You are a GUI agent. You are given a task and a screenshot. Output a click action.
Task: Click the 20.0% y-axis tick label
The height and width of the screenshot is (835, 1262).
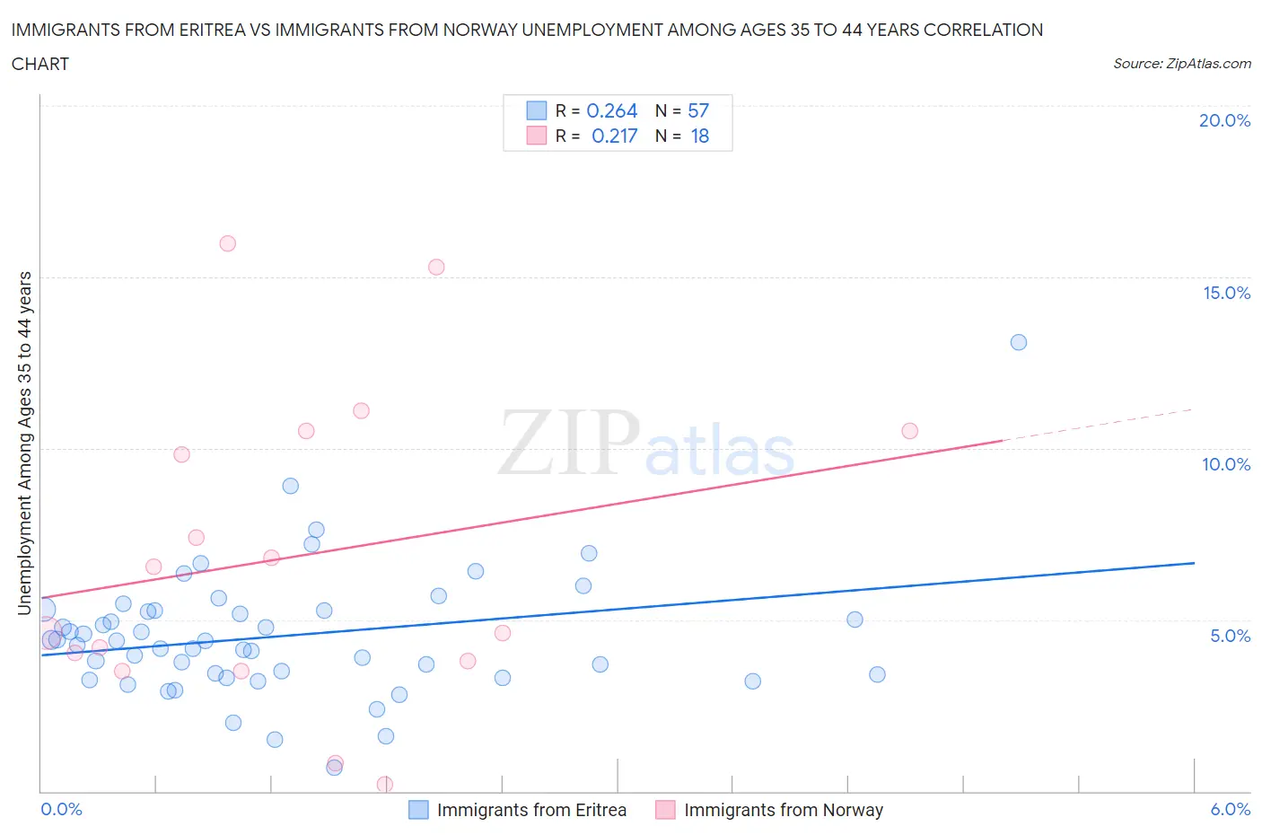tap(1224, 120)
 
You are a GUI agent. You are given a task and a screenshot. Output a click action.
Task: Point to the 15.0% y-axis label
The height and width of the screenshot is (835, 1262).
tap(1226, 293)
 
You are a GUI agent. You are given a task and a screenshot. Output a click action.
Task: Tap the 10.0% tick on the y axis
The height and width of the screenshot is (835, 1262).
tap(1226, 464)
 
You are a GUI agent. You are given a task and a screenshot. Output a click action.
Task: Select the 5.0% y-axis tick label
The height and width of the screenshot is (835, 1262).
tap(1230, 636)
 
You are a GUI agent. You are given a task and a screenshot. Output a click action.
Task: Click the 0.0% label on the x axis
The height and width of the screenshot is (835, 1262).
tap(61, 809)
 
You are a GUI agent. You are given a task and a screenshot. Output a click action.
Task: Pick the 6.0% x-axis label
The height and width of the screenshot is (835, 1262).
tap(1230, 809)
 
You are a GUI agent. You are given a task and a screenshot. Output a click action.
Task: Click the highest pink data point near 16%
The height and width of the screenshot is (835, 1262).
tap(228, 243)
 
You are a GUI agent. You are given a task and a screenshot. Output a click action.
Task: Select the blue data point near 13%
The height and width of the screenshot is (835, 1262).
tap(1019, 342)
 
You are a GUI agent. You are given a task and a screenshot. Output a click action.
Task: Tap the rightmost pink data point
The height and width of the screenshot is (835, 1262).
tap(910, 431)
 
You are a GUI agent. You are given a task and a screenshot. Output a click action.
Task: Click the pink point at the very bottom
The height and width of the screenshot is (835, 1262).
tap(385, 784)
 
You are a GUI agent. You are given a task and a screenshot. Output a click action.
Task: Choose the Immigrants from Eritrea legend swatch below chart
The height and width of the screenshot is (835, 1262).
tap(418, 810)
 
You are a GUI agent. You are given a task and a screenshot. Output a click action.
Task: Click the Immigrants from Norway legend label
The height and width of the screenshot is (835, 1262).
tap(784, 810)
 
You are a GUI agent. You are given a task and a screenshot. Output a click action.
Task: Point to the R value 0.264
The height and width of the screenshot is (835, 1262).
tap(611, 110)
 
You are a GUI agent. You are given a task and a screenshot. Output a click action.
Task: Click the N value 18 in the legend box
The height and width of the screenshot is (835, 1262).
tap(699, 136)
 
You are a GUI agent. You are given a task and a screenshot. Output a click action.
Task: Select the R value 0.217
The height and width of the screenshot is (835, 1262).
tap(614, 136)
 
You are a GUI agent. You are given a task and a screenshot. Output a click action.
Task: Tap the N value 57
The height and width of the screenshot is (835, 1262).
tap(698, 110)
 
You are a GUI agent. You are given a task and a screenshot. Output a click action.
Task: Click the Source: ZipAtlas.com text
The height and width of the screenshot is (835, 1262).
tap(1181, 63)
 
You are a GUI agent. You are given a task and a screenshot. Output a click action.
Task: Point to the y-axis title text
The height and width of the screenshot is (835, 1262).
tap(25, 443)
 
